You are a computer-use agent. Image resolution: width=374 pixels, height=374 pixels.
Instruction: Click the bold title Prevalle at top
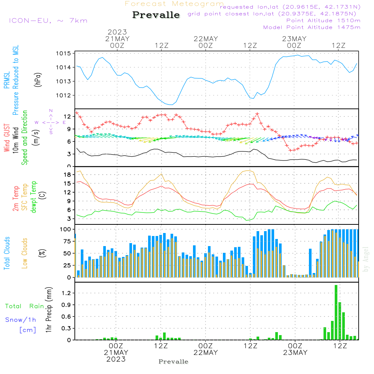click(x=156, y=15)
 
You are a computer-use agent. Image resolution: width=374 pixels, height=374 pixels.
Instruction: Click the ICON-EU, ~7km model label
click(x=48, y=21)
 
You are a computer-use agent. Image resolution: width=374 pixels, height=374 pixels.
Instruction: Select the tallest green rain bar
click(x=336, y=312)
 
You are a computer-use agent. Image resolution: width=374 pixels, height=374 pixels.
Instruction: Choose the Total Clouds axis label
click(x=7, y=253)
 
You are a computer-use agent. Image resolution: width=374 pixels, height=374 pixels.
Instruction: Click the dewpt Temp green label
click(x=34, y=197)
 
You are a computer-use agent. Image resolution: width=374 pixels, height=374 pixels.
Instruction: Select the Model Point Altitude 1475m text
click(x=312, y=27)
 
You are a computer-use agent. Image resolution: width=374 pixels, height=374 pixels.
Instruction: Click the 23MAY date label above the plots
click(x=294, y=39)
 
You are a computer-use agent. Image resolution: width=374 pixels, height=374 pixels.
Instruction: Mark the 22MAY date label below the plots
click(x=206, y=353)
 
